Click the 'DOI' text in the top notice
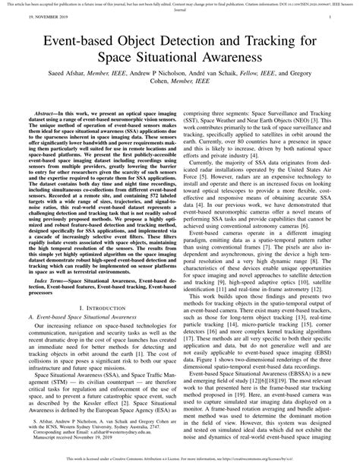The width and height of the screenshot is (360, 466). (268, 4)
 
